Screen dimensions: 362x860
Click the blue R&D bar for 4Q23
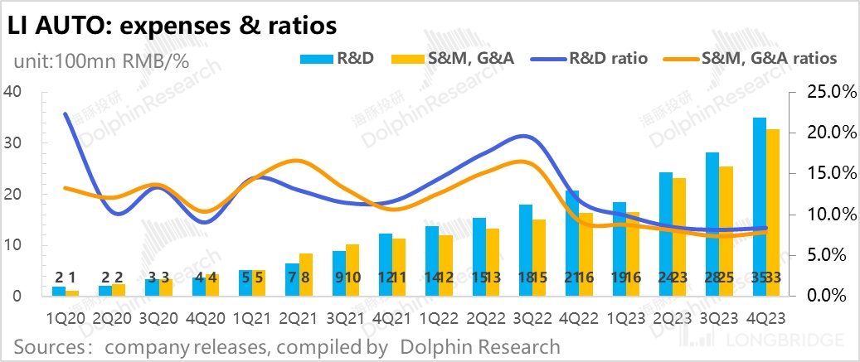click(x=759, y=207)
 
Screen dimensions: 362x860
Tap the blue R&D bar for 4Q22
click(x=571, y=244)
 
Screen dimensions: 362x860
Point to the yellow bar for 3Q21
click(x=352, y=270)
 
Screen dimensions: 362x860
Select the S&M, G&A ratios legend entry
click(x=755, y=58)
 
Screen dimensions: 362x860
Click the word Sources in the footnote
click(x=50, y=345)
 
